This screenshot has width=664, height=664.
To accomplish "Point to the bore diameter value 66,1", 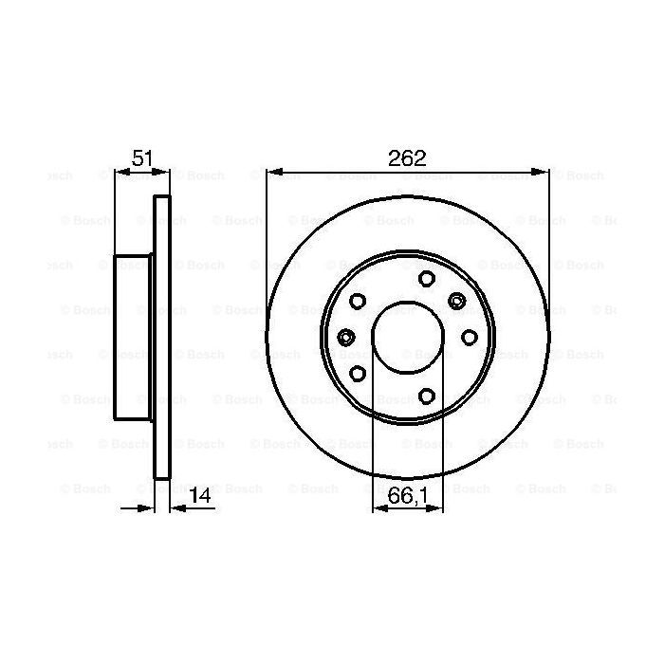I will coord(407,493).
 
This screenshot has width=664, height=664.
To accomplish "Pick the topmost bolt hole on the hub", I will coord(426,278).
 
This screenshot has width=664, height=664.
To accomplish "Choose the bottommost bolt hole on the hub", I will coord(426,396).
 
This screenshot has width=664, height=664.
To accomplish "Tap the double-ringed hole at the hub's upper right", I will coord(456,302).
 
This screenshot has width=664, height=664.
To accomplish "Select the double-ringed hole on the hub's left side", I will coord(346,338).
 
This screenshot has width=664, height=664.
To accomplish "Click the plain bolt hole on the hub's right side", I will coord(469,337).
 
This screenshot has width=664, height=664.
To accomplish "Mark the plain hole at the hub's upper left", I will coord(358,302).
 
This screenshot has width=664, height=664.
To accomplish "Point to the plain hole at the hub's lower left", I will coord(358,373).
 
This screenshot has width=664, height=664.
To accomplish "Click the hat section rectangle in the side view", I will coord(134,337).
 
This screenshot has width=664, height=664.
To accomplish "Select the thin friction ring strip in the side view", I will coord(162,337).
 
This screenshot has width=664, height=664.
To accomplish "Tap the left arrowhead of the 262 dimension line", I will coord(272,172).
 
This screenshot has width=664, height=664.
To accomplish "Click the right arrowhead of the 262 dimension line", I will coord(544,172).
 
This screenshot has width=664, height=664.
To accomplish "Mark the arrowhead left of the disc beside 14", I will coord(148,508).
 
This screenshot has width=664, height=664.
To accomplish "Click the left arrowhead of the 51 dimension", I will coord(120,172).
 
